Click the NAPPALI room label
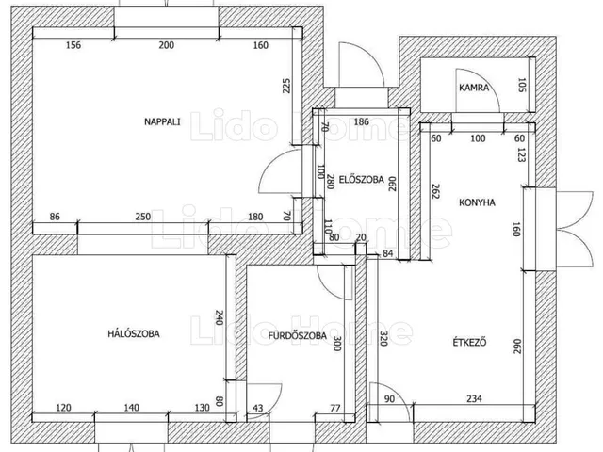(162, 121)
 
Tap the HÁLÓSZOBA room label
(134, 333)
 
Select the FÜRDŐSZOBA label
(298, 335)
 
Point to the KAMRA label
(474, 88)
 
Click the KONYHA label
(477, 202)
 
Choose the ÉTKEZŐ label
(469, 342)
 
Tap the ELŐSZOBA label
(361, 180)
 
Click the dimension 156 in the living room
(73, 45)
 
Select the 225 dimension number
(286, 86)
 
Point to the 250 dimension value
(143, 217)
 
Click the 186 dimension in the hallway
(361, 121)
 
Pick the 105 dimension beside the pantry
(521, 85)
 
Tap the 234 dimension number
(474, 398)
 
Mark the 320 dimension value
(383, 338)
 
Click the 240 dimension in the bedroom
(219, 317)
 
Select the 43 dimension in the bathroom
(258, 408)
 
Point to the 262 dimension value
(435, 191)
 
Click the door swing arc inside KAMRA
(485, 83)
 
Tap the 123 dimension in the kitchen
(521, 154)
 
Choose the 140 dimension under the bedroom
(132, 408)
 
